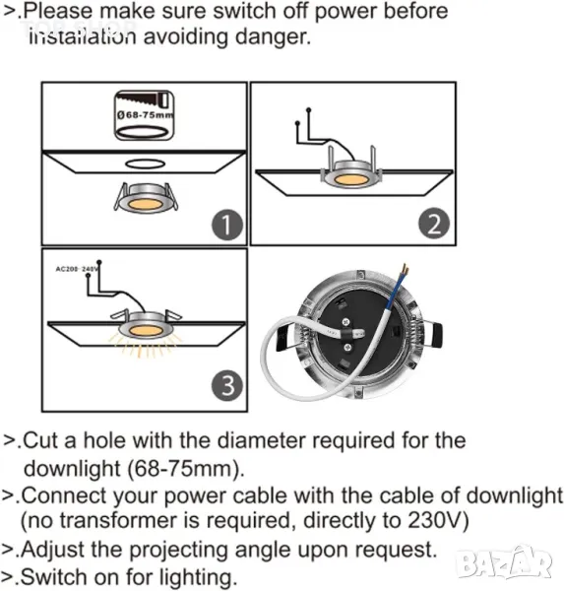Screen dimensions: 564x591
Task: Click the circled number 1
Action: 227,225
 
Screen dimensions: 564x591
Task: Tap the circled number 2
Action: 434,224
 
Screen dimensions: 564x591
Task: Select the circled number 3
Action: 227,385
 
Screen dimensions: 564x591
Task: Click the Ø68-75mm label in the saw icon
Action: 146,115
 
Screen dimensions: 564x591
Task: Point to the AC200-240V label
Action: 77,269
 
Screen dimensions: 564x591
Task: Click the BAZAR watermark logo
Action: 504,562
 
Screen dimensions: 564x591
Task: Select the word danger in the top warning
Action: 273,37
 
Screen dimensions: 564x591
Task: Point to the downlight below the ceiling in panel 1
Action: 146,198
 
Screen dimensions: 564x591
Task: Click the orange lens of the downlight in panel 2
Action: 350,179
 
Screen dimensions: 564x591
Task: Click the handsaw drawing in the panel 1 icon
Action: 145,100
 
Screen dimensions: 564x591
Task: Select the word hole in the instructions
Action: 104,440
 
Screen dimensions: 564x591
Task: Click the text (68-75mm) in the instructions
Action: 186,469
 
